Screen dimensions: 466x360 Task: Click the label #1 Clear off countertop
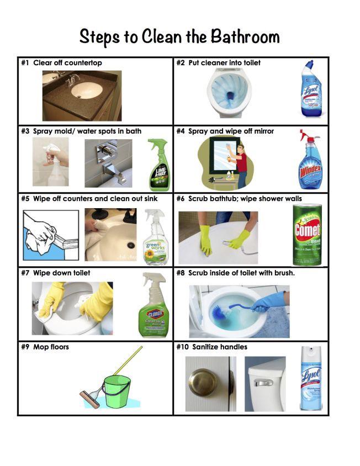point(61,63)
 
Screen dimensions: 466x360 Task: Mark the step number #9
point(25,347)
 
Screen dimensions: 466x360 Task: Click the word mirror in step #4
point(263,131)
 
